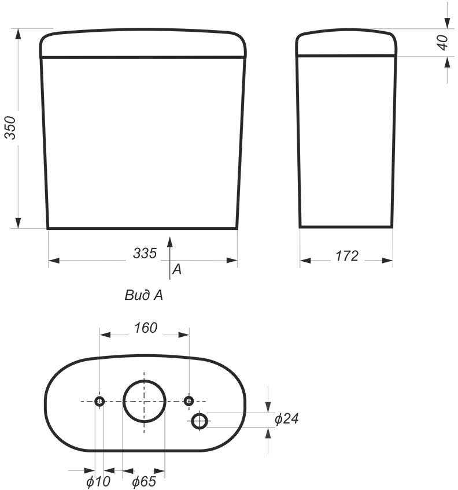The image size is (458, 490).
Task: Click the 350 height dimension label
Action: coord(10,128)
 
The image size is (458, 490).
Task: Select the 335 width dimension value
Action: coord(145,253)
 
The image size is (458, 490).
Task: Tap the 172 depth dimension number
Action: coord(347,256)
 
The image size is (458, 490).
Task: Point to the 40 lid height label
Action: coord(443,42)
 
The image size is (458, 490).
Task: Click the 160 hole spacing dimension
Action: coord(145,328)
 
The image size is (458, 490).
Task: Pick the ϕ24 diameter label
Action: coord(286,419)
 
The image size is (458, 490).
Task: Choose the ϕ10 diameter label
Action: coord(98,481)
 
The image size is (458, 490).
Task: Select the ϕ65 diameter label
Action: coord(143,481)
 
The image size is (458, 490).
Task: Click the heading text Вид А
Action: coord(143,296)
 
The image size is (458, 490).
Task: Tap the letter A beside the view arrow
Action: coord(177,269)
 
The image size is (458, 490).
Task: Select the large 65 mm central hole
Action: coord(144,402)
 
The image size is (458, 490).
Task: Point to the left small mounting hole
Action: coord(99,401)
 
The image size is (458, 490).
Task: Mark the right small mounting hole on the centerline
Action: coord(189,401)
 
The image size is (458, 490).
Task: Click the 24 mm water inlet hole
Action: coord(200,421)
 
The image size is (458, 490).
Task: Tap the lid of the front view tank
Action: coord(143,44)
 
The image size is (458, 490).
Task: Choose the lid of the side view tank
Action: coord(346,43)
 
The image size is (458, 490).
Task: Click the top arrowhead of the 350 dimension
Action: coord(19,34)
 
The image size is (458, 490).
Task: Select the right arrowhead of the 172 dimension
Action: coord(387,261)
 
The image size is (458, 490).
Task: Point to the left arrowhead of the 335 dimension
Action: coord(54,261)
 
